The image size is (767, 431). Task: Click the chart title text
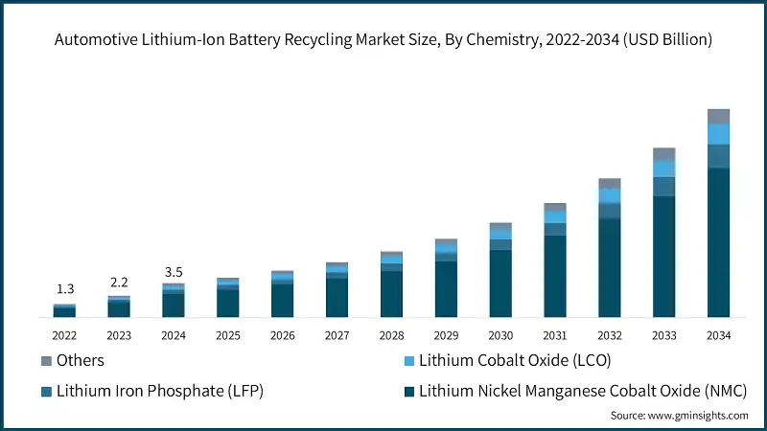383,39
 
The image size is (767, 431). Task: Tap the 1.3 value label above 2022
65,288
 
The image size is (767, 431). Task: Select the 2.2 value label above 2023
119,282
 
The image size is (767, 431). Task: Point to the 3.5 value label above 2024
174,271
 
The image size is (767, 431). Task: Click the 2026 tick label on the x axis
282,335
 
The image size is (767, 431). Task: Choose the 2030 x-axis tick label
500,335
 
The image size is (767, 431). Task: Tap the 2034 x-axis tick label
718,335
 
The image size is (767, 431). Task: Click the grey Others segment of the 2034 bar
718,117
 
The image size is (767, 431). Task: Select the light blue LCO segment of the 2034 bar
718,134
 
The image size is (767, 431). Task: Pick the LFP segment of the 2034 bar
718,156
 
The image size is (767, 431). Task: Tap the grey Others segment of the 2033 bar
664,154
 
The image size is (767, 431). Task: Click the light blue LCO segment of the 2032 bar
610,195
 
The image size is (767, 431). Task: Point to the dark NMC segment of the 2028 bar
391,293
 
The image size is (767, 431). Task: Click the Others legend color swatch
46,361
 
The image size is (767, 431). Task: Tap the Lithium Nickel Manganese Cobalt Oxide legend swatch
409,391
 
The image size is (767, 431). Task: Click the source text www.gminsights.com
680,416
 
